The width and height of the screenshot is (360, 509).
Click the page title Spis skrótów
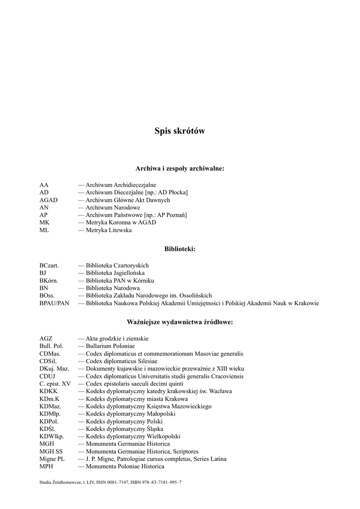pos(180,131)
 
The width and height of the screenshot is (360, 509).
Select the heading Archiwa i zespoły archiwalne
pos(180,169)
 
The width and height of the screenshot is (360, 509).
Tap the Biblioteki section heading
pos(180,249)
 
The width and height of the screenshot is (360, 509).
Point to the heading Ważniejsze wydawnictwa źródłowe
pos(180,322)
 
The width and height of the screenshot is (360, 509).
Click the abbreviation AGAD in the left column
pos(49,200)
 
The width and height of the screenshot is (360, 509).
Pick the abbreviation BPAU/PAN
pos(54,303)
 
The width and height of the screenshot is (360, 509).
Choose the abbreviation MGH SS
pos(51,451)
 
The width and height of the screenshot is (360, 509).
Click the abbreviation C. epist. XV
pos(55,384)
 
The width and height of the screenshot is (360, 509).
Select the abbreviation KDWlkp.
pos(51,436)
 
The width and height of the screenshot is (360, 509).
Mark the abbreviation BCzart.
pos(49,265)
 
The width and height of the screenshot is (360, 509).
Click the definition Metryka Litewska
pos(108,230)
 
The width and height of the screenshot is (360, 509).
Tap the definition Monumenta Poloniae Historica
pos(125,466)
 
